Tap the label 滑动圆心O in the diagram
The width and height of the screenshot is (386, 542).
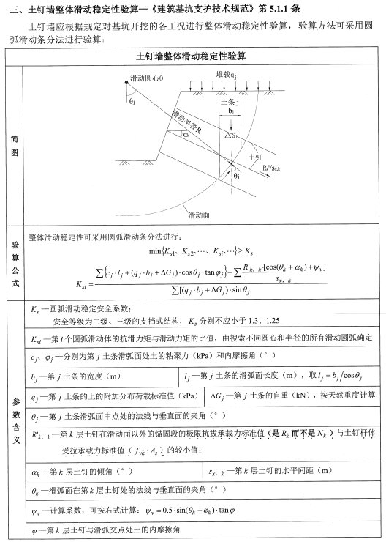(147, 77)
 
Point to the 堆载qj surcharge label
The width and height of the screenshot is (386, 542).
(226, 75)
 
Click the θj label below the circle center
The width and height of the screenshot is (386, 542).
(132, 101)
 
